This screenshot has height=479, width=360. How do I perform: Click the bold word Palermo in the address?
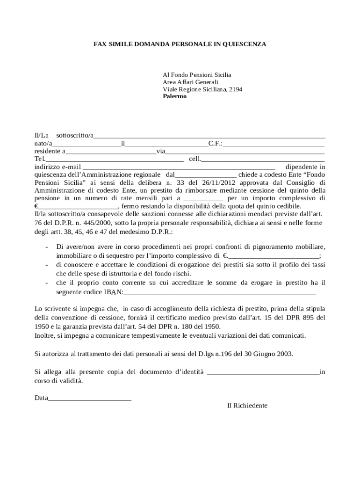174,96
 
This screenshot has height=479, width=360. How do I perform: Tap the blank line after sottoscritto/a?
209,136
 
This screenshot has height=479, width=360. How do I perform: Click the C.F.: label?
216,144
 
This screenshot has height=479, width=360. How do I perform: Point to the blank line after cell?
263,159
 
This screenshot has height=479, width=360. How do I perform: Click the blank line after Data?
89,399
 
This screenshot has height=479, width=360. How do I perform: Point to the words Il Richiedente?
247,406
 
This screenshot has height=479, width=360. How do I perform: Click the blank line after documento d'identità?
263,372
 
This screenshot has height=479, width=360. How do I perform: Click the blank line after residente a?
111,152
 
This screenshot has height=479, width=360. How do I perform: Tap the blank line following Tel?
111,159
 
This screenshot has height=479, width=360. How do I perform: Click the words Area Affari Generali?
190,82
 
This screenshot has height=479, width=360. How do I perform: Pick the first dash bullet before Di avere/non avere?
46,247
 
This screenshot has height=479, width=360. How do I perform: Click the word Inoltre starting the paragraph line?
45,336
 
